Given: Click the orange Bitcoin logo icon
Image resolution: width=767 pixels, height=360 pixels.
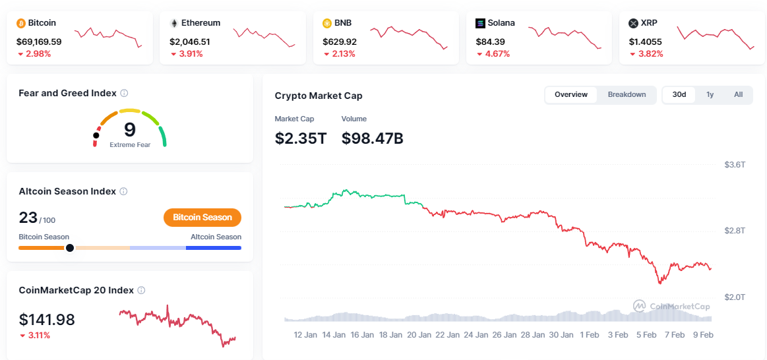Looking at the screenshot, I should tap(21, 23).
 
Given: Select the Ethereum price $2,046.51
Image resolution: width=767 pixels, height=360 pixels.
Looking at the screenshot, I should tap(190, 42).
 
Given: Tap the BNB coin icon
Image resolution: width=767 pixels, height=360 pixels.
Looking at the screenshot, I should tap(327, 23).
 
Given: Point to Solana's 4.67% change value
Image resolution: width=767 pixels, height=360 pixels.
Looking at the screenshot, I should tap(497, 54).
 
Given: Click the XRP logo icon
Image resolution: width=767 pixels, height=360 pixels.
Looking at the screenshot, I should tap(634, 23).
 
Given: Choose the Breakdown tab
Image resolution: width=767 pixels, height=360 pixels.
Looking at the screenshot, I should tap(627, 95).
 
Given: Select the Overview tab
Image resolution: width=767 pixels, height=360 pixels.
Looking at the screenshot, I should tap(571, 95).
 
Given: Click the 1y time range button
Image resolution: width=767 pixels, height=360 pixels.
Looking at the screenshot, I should tap(710, 95).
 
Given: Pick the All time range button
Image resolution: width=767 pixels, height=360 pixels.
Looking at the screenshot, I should tap(739, 95).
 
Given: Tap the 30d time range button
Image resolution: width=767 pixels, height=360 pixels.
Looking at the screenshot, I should tap(679, 95).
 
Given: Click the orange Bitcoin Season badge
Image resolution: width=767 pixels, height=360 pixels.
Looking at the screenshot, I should tap(202, 218).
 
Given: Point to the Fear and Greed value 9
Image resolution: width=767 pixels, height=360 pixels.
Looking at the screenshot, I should tap(130, 129).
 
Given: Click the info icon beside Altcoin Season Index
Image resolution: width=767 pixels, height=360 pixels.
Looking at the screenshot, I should tap(123, 191).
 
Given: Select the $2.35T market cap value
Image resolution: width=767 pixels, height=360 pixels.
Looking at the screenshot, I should tap(301, 138).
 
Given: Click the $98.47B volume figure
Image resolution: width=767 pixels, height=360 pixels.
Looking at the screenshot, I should tap(373, 138).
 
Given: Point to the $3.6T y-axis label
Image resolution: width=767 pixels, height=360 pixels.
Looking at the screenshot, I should tap(735, 164).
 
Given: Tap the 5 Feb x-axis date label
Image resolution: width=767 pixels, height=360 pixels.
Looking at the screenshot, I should tap(646, 335).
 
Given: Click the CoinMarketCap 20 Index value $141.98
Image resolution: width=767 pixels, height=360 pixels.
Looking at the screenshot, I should tap(47, 320).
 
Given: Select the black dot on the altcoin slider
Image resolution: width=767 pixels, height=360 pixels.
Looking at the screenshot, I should tap(70, 248).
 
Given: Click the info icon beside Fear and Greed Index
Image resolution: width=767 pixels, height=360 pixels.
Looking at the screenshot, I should tap(124, 94).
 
